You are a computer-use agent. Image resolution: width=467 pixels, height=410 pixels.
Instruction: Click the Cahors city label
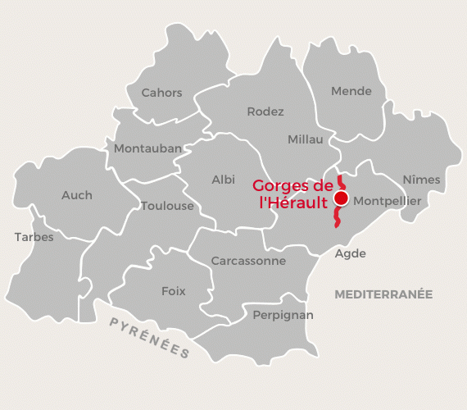[161, 93]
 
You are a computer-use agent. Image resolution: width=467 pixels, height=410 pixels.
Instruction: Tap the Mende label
[351, 91]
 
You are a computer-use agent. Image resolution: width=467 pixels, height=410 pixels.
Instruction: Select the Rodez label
[265, 112]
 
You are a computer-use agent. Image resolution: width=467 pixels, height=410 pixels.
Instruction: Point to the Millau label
[305, 139]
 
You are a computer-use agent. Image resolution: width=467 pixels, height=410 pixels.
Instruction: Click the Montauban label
[147, 148]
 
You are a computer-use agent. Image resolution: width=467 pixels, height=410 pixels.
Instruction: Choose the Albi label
[223, 180]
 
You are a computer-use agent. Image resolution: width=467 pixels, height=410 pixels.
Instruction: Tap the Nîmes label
[421, 180]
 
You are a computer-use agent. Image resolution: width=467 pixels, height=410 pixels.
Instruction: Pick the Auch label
[77, 195]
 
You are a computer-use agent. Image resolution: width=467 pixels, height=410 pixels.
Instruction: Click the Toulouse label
[167, 206]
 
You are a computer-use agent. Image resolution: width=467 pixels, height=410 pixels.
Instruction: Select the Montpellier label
[387, 200]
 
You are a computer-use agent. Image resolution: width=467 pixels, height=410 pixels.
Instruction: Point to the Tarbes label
[34, 237]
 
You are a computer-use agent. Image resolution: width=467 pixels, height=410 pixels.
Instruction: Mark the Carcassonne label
[248, 261]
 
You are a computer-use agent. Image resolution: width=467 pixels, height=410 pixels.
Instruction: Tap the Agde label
[351, 253]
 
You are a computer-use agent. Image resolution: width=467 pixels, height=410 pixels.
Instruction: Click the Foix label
[174, 291]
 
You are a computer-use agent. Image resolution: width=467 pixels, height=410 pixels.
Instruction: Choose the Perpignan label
[283, 314]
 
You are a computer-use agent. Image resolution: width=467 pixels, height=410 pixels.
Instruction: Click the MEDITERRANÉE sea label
[383, 294]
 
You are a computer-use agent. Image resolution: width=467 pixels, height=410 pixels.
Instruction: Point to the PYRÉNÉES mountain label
[150, 336]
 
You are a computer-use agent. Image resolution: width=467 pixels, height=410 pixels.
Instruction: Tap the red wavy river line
[337, 218]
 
